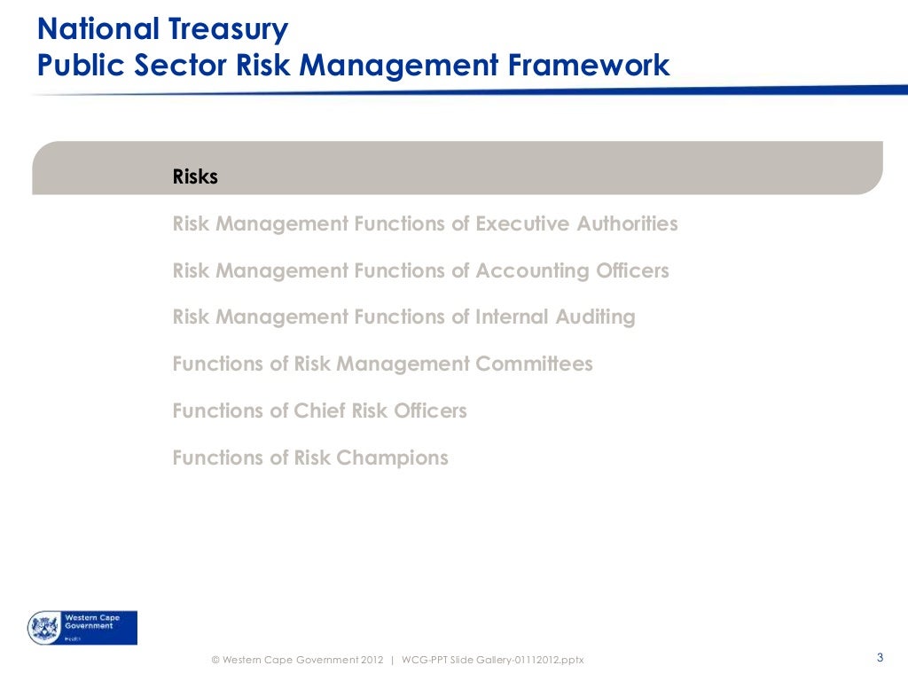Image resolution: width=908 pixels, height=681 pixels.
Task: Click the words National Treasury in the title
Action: (x=162, y=29)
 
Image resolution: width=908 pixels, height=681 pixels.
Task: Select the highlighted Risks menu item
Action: (x=195, y=177)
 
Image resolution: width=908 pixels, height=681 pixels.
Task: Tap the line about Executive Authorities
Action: (x=425, y=223)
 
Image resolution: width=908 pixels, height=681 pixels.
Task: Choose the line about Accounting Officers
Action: (x=420, y=270)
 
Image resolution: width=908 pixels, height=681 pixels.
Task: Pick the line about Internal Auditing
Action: (x=403, y=317)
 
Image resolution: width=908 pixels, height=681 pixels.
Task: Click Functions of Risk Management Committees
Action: (x=382, y=364)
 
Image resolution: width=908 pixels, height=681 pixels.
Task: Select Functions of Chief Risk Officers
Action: (x=319, y=411)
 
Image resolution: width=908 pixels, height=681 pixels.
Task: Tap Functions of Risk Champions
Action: (x=310, y=458)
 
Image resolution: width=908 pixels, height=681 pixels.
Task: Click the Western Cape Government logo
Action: (x=82, y=627)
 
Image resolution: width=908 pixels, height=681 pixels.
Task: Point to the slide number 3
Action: (x=879, y=657)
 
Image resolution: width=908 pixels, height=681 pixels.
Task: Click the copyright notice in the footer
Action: (x=297, y=660)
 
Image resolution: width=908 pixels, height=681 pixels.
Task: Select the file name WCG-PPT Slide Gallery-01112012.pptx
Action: (x=493, y=660)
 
